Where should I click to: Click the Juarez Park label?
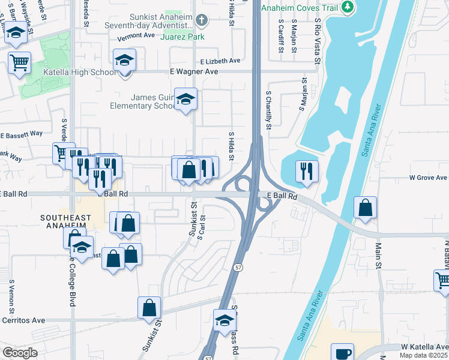coord(182,37)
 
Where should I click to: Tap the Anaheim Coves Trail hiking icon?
coord(348,7)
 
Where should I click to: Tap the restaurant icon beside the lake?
coord(307,170)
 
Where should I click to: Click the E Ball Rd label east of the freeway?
coord(282,196)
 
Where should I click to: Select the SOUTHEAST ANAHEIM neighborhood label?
coord(65,221)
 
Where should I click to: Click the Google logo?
coord(19,353)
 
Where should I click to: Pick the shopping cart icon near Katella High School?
coord(20,61)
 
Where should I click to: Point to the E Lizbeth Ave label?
coord(220,61)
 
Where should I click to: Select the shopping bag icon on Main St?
coord(365,208)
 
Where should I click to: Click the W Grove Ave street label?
coord(428,178)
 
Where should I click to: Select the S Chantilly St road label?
coord(269,110)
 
